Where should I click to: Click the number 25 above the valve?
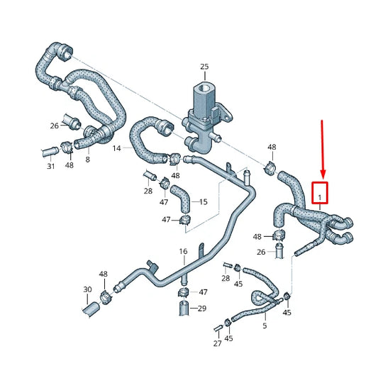tap(204, 67)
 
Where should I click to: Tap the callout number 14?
tap(116, 148)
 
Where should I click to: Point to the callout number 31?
tap(50, 166)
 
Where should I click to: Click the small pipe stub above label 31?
tap(51, 150)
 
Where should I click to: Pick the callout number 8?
tap(87, 160)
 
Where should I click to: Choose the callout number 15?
tap(204, 202)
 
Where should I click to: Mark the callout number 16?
tap(183, 251)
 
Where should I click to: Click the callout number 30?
tap(87, 289)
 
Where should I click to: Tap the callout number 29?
tap(202, 308)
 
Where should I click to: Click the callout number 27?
tap(217, 343)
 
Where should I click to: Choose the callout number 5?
tap(265, 326)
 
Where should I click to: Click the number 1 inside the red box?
tap(320, 192)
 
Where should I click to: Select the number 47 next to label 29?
tap(203, 292)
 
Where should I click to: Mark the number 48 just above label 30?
tap(104, 274)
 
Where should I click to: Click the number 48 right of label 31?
tap(69, 166)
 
